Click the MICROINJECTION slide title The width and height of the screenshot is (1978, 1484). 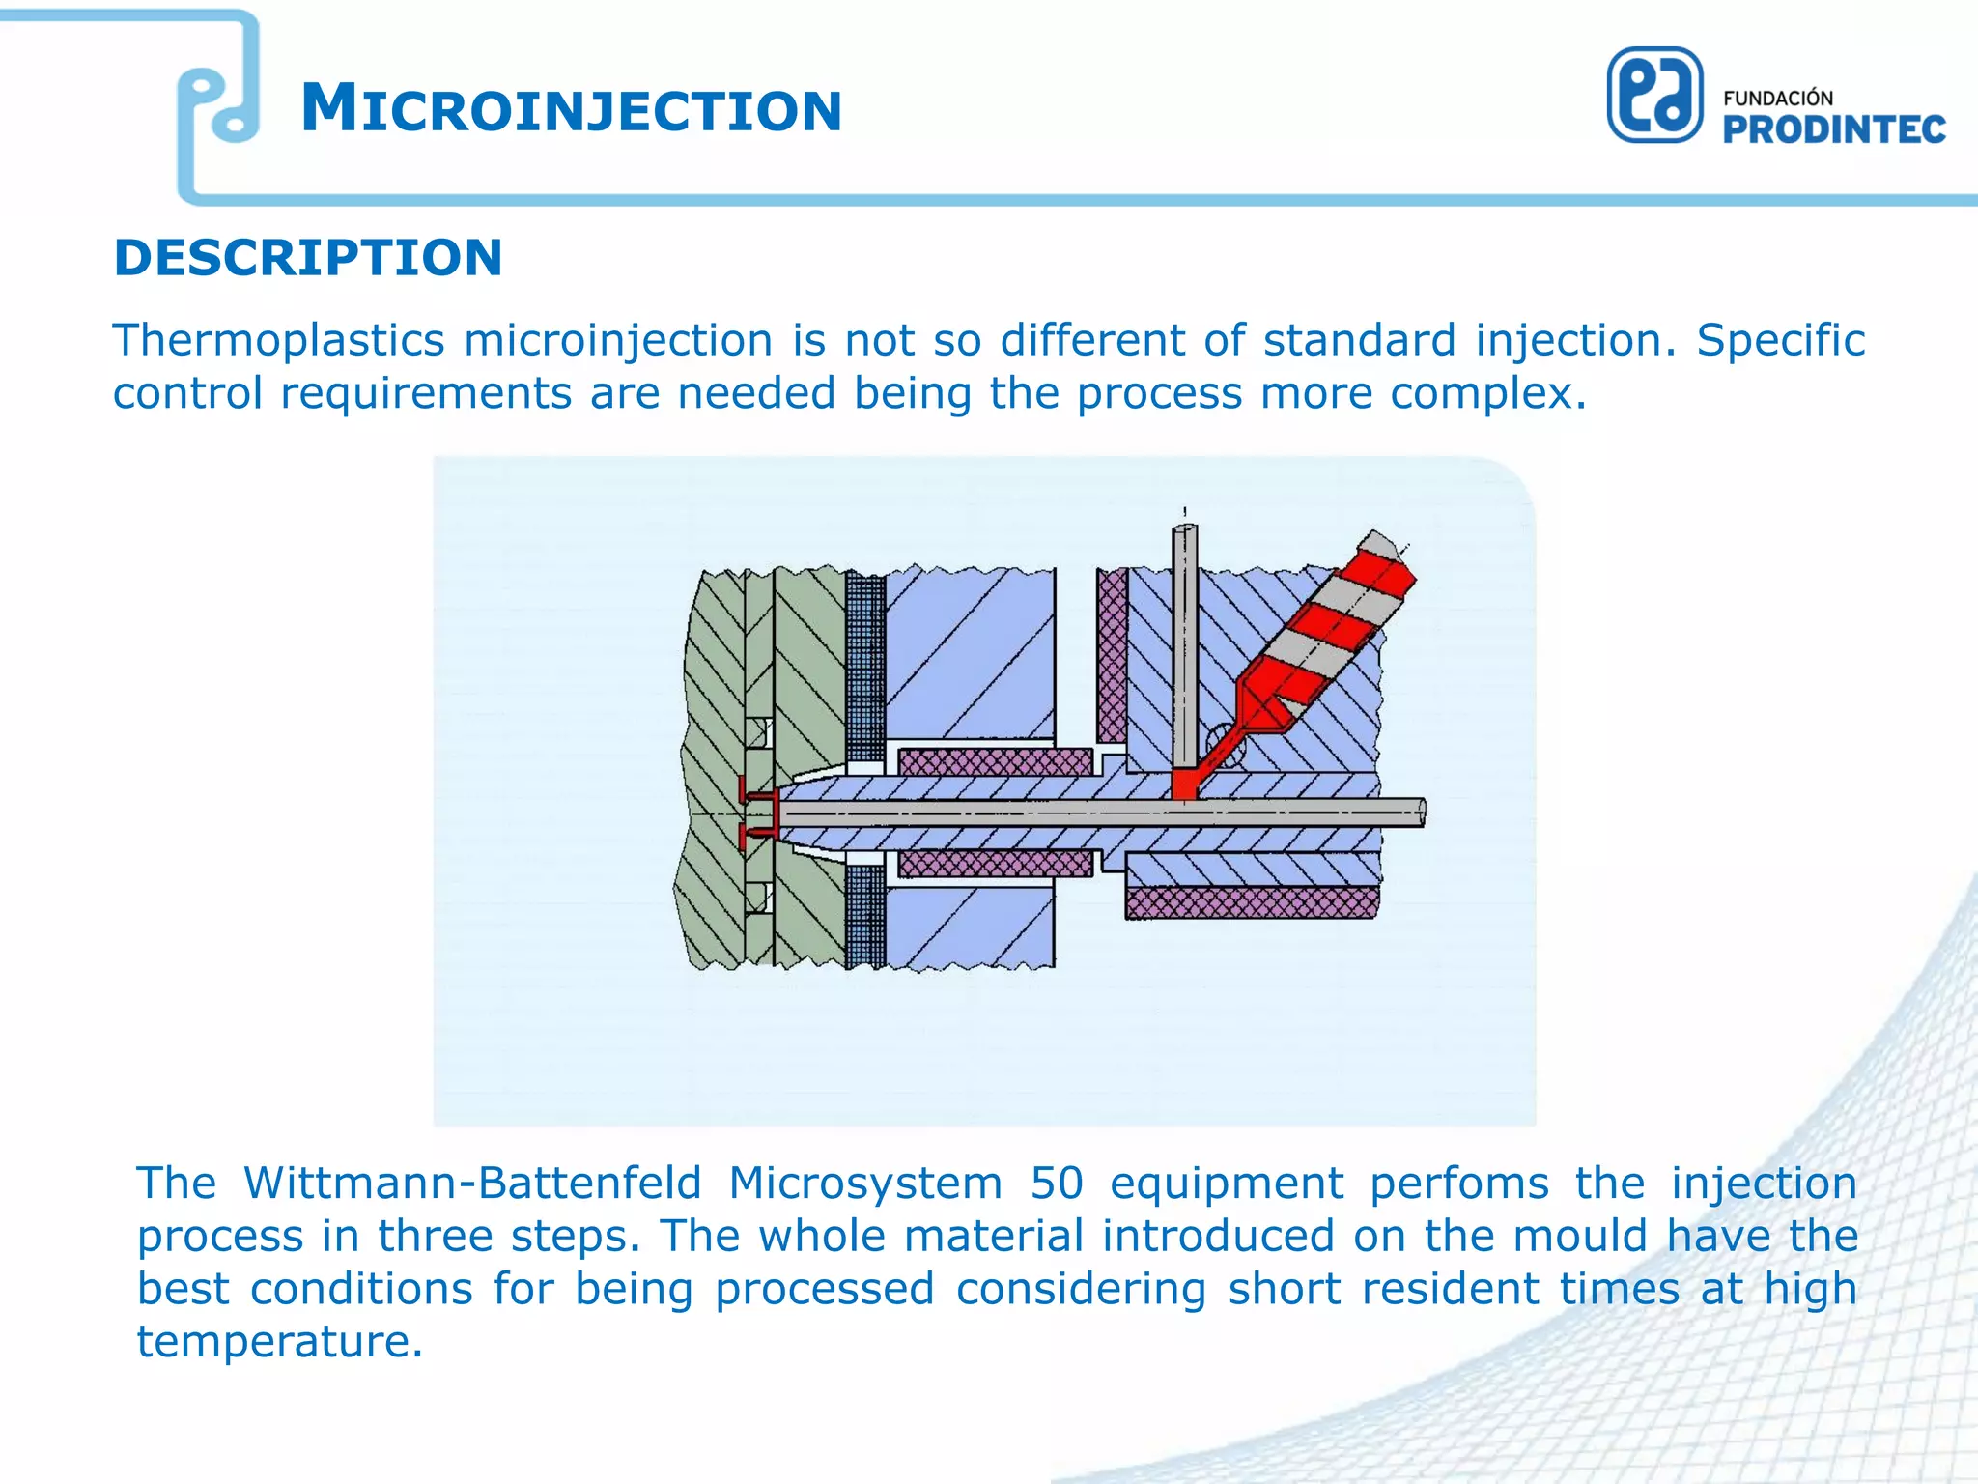571,109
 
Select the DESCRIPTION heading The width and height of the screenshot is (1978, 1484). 308,258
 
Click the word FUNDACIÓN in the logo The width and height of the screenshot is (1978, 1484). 1777,99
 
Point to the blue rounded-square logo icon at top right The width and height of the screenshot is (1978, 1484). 1653,96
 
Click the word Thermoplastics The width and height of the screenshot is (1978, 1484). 278,341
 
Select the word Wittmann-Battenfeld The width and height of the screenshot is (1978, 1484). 472,1184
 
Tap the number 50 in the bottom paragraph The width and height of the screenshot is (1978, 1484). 1057,1184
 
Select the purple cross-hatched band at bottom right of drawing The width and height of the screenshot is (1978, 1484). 1251,903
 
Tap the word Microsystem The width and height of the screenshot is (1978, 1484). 865,1184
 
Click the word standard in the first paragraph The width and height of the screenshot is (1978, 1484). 1359,341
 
